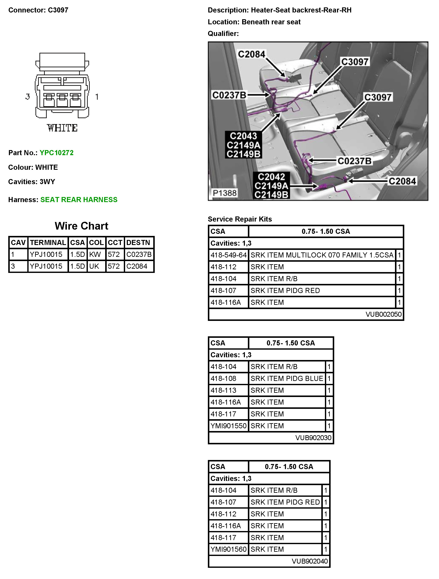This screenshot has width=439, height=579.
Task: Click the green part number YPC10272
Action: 56,153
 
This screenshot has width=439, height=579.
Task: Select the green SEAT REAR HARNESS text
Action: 79,200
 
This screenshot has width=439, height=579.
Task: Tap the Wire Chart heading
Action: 81,226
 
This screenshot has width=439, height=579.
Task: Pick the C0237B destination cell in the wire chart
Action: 139,255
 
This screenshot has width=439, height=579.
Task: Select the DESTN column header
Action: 138,243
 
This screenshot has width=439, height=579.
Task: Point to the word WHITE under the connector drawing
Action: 62,128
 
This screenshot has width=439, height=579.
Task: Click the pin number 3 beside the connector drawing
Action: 28,97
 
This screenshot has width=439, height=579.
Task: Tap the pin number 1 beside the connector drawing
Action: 97,97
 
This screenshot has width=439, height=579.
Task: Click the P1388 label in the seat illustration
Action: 224,193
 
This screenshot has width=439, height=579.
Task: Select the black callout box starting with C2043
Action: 243,145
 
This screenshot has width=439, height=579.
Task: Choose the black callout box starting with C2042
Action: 271,186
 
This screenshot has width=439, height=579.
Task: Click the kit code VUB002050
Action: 383,314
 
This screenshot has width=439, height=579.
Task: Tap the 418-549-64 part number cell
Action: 229,255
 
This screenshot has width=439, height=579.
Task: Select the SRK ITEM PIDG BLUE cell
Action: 287,379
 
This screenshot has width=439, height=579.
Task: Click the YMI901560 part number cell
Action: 229,549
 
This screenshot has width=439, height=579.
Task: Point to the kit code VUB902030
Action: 313,438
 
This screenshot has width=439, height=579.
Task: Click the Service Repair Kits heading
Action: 240,219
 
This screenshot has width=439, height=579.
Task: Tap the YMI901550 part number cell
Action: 229,426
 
